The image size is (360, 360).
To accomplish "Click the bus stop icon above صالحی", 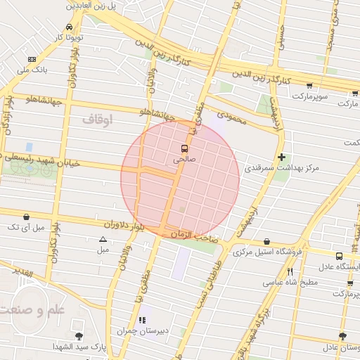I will click(184, 148).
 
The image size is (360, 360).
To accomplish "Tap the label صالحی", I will click(184, 160).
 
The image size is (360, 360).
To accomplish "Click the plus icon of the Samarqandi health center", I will click(282, 157).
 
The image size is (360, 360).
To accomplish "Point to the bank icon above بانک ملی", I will click(31, 60).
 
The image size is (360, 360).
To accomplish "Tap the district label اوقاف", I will click(97, 119).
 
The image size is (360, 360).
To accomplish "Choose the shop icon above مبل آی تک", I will click(26, 217).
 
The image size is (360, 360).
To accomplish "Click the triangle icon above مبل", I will click(103, 240).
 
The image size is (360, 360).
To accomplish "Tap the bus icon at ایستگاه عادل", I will click(339, 256).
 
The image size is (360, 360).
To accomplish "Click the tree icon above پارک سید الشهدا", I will click(78, 336).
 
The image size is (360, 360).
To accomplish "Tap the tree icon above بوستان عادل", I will click(342, 337).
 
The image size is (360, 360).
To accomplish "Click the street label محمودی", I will click(232, 117).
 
